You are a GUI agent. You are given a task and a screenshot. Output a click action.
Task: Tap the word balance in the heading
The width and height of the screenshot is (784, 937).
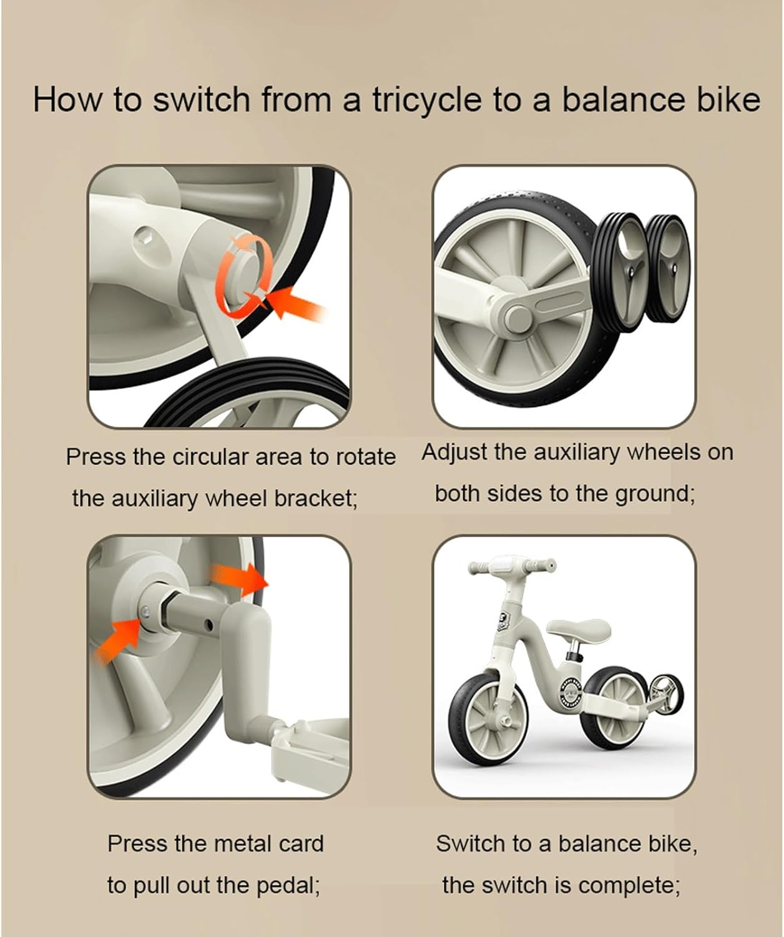[625, 100]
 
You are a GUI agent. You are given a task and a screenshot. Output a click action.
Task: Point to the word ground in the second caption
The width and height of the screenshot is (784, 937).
[654, 494]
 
